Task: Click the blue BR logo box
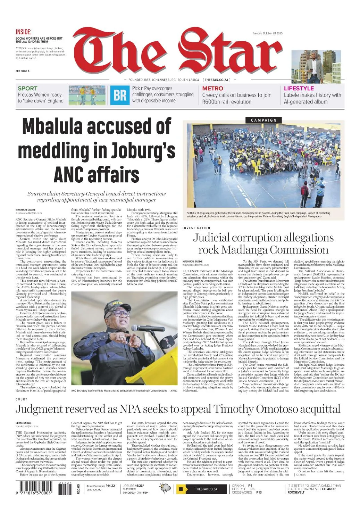pos(120,95)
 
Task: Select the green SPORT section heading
pos(27,89)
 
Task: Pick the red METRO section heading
pos(212,89)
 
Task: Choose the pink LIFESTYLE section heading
pos(299,89)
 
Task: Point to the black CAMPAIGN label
pos(263,120)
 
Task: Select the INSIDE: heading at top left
pos(24,32)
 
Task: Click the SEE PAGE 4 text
pos(23,71)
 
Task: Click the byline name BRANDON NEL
pos(24,422)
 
